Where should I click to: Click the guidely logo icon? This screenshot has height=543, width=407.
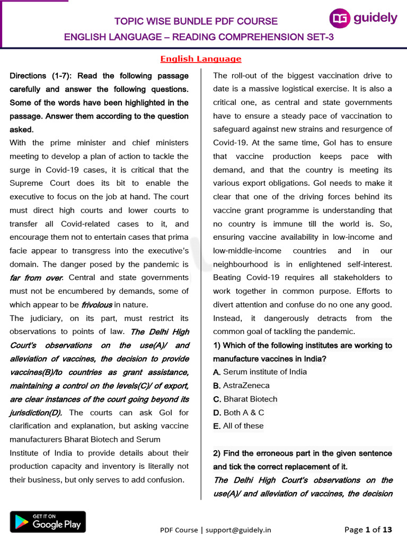point(340,19)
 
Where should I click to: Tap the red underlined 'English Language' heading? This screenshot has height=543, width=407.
point(200,59)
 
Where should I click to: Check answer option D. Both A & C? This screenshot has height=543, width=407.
point(238,413)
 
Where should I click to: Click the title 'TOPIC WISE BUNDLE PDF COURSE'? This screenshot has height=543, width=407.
point(197,21)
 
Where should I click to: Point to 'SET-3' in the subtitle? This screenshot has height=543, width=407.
point(320,37)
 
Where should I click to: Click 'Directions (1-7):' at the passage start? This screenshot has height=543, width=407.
point(43,76)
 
